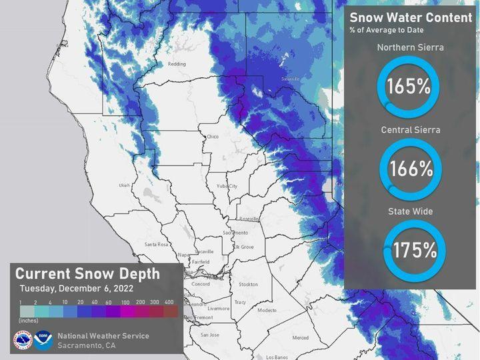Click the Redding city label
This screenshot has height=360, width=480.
pos(177,64)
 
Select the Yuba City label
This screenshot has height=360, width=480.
pos(227,186)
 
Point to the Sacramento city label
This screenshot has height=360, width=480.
pos(235,232)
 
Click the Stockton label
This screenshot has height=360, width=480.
pos(248,284)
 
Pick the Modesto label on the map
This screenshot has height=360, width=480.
pos(267,310)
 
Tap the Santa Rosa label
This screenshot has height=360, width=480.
pos(157,245)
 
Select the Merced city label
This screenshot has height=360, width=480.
pos(300,337)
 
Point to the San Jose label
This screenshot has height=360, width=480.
pos(210,334)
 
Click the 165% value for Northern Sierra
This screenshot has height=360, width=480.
pos(408,87)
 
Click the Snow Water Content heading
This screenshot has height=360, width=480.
pos(411,18)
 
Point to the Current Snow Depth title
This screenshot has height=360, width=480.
pos(87,274)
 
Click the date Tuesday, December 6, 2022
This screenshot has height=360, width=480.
pos(76,289)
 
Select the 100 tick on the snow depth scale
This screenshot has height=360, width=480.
pos(125,302)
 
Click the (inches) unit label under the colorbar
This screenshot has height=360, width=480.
pos(27,319)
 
